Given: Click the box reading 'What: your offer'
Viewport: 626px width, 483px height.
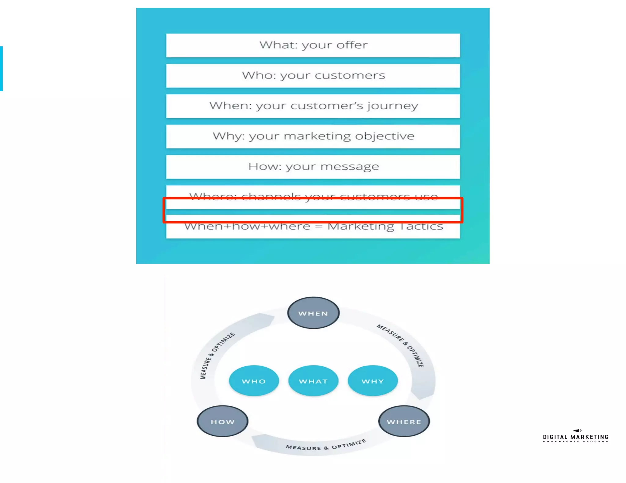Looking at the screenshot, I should [x=313, y=45].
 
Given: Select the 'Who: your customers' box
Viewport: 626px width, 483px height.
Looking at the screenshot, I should [x=313, y=75].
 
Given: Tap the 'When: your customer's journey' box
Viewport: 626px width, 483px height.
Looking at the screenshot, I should [x=313, y=106].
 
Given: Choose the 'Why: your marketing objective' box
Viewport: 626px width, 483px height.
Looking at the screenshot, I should [x=313, y=136].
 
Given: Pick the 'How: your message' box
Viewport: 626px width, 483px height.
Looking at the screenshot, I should [x=313, y=167].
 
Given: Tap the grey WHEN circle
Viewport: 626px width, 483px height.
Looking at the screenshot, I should [x=313, y=313].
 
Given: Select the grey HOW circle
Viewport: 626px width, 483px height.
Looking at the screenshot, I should [x=223, y=421].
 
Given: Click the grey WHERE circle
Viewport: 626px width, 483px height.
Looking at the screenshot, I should [x=404, y=421].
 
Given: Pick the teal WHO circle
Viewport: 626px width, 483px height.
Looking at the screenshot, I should [x=254, y=381].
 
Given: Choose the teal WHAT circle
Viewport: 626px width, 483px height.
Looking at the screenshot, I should [x=313, y=381].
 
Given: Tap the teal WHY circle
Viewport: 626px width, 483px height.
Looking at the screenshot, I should [x=373, y=381].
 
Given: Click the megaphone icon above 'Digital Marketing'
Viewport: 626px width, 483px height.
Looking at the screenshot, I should [x=577, y=430].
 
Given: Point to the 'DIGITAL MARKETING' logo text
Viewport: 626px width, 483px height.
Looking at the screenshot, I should [x=576, y=437].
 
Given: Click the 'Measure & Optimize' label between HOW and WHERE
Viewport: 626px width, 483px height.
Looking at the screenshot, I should [x=326, y=446].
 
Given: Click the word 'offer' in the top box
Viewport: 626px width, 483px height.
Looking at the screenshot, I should [x=352, y=45].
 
